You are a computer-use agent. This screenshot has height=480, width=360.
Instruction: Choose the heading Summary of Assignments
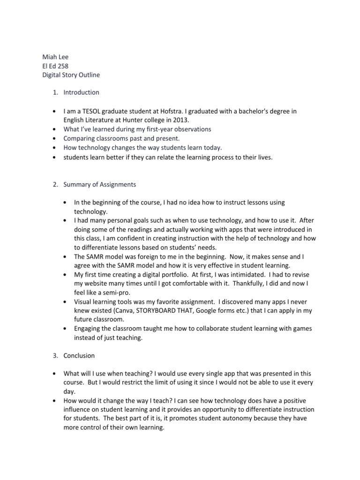point(99,184)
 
